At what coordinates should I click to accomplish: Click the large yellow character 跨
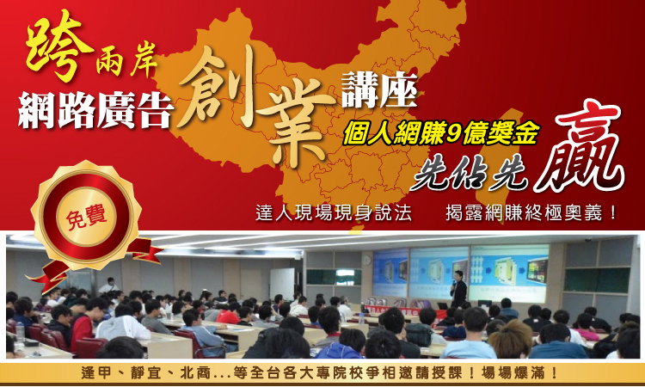pyautogui.click(x=59, y=46)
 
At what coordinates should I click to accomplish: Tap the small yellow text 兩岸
pyautogui.click(x=126, y=64)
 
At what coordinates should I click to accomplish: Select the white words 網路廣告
pyautogui.click(x=95, y=110)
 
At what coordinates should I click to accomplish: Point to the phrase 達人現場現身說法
pyautogui.click(x=333, y=212)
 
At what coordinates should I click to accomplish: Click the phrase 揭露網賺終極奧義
pyautogui.click(x=525, y=212)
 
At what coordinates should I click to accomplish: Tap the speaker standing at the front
pyautogui.click(x=458, y=289)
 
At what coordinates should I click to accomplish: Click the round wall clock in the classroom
pyautogui.click(x=366, y=260)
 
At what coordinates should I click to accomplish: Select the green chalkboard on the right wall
pyautogui.click(x=597, y=279)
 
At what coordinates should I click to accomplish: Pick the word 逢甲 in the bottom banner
pyautogui.click(x=96, y=373)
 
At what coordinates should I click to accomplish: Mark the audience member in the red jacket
pyautogui.click(x=83, y=326)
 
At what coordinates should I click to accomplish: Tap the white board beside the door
pyautogui.click(x=282, y=284)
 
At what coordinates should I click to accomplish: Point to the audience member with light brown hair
pyautogui.click(x=509, y=340)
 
